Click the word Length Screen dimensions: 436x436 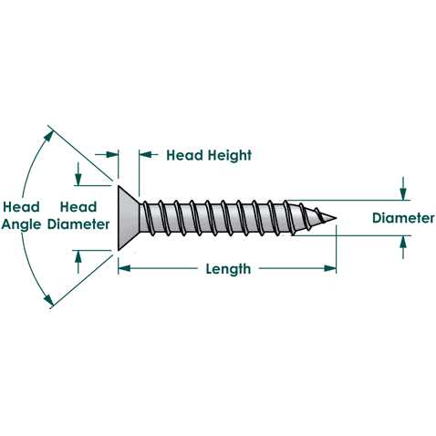pyautogui.click(x=228, y=269)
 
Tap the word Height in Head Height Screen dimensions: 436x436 pyautogui.click(x=230, y=155)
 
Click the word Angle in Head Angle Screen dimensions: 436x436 pyautogui.click(x=21, y=225)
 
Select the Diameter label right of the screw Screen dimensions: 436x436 pyautogui.click(x=403, y=218)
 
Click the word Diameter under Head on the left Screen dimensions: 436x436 pyautogui.click(x=78, y=224)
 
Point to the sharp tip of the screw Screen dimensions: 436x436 pyautogui.click(x=336, y=218)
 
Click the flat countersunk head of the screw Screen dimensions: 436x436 pyautogui.click(x=128, y=218)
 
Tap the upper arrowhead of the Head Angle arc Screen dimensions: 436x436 pyautogui.click(x=49, y=136)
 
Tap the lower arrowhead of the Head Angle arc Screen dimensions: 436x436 pyautogui.click(x=49, y=299)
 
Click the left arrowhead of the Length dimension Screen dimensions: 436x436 pyautogui.click(x=124, y=268)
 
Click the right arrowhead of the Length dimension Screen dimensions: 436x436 pyautogui.click(x=330, y=268)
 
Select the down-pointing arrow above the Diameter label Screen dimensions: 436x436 pyautogui.click(x=403, y=189)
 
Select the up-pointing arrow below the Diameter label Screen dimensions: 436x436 pyautogui.click(x=403, y=247)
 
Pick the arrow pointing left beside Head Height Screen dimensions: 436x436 pyautogui.click(x=149, y=154)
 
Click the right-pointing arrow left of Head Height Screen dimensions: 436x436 pyautogui.click(x=107, y=154)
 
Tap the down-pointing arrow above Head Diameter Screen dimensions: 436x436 pyautogui.click(x=78, y=174)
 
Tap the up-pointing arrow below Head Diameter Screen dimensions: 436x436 pyautogui.click(x=78, y=262)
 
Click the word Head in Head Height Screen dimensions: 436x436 pyautogui.click(x=185, y=155)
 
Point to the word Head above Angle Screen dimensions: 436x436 pyautogui.click(x=21, y=207)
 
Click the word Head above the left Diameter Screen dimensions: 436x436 pyautogui.click(x=78, y=207)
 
